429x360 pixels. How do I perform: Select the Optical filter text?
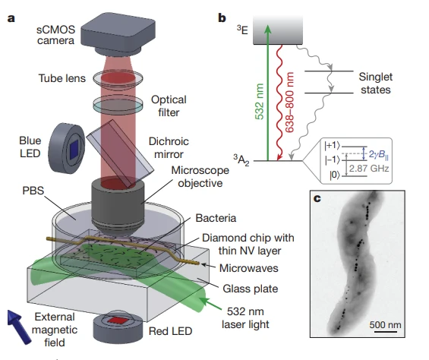click(168, 106)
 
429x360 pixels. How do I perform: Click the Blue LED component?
click(68, 147)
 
